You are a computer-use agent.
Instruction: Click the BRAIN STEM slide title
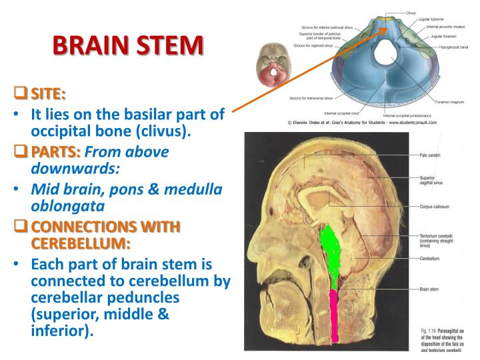click(x=127, y=47)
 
